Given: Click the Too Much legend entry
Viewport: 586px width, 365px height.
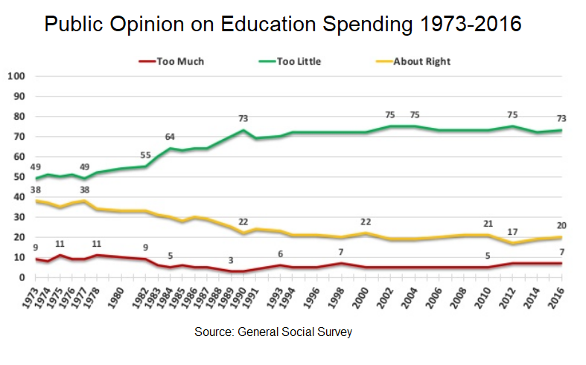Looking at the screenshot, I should point(179,61).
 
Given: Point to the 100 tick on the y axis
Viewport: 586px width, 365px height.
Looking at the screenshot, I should point(17,76).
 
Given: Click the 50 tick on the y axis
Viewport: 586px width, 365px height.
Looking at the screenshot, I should point(19,177).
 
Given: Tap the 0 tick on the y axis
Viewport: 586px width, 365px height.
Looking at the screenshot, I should point(22,277).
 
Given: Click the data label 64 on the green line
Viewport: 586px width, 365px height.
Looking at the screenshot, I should point(170,136).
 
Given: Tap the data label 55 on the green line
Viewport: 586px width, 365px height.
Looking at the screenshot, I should point(146,155).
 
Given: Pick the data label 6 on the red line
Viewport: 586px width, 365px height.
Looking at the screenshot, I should point(280,254).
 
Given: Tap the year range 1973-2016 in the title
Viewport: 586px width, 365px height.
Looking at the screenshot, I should point(458,25).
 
